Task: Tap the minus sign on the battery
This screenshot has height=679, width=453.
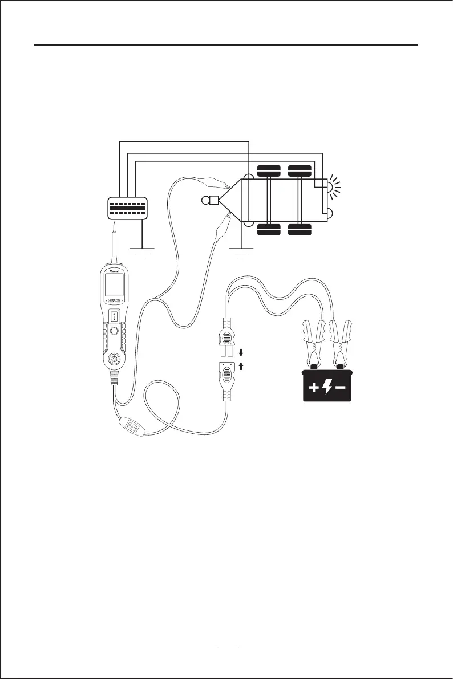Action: (341, 388)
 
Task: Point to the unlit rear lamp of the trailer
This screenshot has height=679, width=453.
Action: (330, 214)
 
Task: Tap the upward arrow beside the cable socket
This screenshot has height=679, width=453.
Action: (241, 367)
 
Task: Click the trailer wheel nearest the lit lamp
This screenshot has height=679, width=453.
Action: (300, 169)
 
